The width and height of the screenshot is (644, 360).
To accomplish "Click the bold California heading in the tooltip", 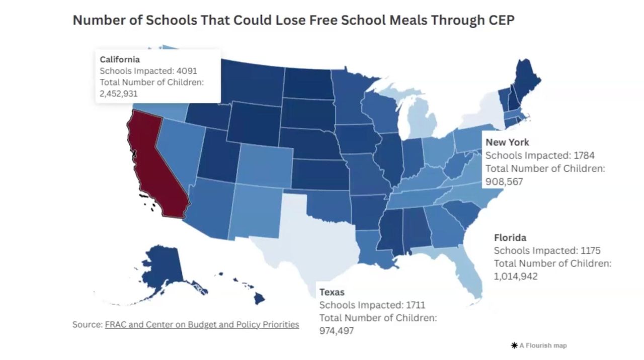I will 120,59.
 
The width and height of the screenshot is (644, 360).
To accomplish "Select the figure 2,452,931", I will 119,94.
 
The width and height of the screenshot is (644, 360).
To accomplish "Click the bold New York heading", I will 507,142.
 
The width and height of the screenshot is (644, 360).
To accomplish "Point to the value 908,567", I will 504,181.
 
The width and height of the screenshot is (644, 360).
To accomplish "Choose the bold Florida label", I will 510,237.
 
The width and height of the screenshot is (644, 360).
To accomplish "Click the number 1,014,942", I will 516,276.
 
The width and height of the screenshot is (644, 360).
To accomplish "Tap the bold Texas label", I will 332,292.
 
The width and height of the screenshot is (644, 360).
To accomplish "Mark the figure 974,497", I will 337,330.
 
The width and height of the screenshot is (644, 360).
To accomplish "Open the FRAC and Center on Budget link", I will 202,324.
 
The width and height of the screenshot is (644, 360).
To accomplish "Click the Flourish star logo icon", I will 514,345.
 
